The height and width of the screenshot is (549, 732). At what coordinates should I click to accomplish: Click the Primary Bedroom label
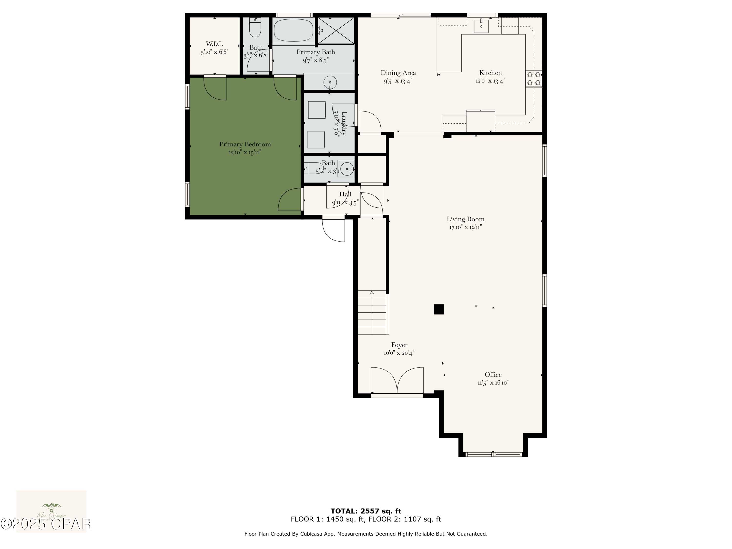click(245, 144)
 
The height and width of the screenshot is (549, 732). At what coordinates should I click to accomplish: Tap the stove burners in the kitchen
click(533, 78)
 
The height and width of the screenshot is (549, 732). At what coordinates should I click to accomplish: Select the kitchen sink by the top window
click(481, 26)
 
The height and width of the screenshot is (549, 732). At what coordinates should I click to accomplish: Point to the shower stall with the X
click(336, 31)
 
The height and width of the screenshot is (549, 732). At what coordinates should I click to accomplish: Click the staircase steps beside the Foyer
click(372, 313)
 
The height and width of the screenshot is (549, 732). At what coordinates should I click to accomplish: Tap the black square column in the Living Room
click(439, 309)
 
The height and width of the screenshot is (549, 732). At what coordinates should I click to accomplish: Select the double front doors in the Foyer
click(397, 381)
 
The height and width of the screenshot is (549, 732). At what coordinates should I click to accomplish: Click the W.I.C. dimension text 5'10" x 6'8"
click(214, 52)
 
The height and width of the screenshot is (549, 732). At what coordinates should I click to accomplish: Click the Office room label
click(493, 375)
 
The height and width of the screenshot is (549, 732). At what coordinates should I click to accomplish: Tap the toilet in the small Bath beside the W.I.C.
click(255, 28)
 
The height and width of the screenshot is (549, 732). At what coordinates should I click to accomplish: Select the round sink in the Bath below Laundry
click(347, 169)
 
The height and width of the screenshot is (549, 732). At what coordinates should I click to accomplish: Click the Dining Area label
click(398, 73)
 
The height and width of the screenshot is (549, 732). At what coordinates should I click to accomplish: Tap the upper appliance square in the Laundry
click(317, 110)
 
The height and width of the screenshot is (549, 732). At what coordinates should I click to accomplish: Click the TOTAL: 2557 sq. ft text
click(366, 511)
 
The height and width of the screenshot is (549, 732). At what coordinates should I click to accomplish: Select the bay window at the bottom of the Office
click(493, 454)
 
